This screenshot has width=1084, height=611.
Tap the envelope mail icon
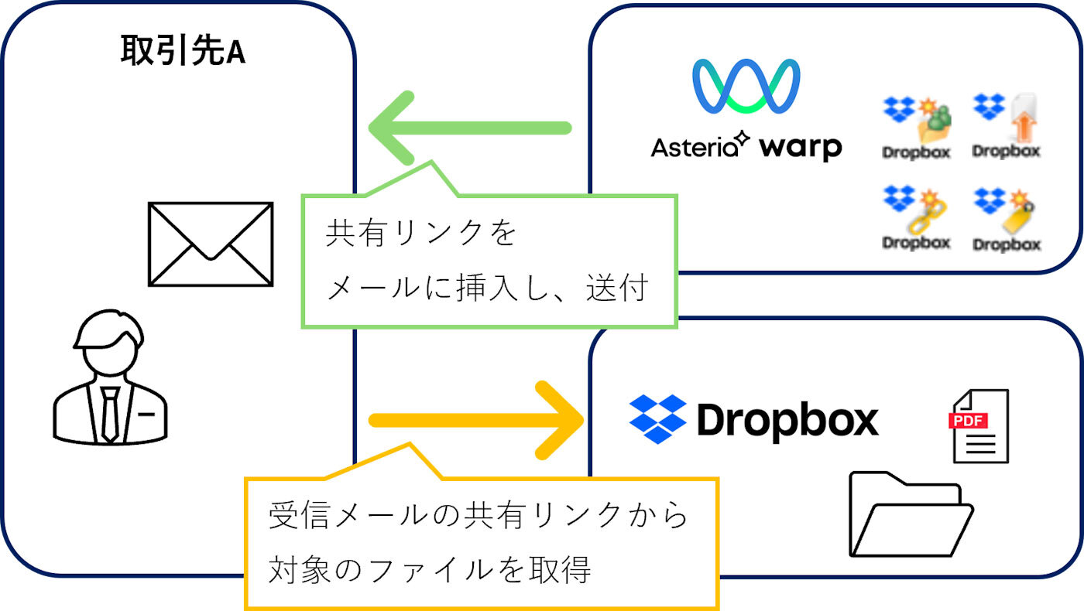pos(211,244)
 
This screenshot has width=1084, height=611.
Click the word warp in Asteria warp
pos(800,147)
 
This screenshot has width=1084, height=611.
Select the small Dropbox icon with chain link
pos(917,218)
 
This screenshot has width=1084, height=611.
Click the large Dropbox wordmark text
pos(787,420)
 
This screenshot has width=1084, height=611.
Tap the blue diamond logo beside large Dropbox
pos(657,419)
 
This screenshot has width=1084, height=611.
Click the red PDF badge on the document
pos(965,422)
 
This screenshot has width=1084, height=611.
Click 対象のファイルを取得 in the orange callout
pos(430,569)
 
